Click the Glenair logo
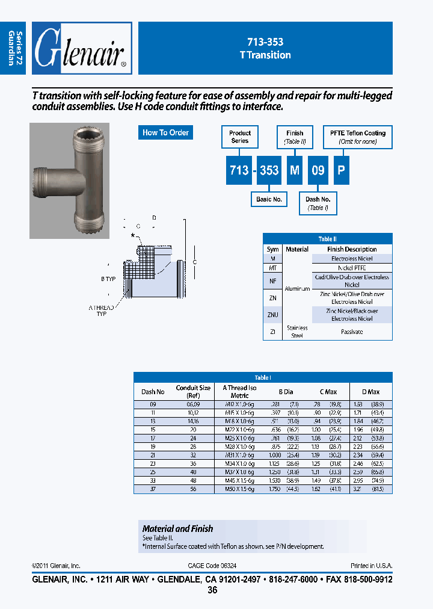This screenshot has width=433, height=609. tap(81, 48)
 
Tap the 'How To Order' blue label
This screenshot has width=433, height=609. tap(165, 132)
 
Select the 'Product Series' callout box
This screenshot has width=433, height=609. tap(240, 137)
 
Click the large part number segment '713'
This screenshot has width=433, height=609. tap(239, 170)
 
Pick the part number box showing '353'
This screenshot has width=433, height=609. tap(269, 170)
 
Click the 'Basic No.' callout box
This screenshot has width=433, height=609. tap(269, 199)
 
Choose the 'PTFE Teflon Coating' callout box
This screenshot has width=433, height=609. tap(358, 137)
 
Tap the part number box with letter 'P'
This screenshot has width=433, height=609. tap(341, 170)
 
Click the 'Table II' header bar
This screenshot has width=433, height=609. tap(327, 238)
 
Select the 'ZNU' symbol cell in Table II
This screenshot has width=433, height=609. tap(273, 315)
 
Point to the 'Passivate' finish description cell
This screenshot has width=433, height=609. tap(352, 332)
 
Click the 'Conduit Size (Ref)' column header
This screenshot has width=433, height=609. tap(193, 391)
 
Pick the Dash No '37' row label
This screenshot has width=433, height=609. tap(153, 489)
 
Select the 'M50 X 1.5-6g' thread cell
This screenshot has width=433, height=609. tap(239, 489)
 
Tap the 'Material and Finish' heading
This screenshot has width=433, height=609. tap(177, 528)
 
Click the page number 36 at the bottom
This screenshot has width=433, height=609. tap(212, 590)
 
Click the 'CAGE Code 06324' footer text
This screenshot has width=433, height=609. tap(212, 566)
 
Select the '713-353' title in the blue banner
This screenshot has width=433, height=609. tap(265, 42)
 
